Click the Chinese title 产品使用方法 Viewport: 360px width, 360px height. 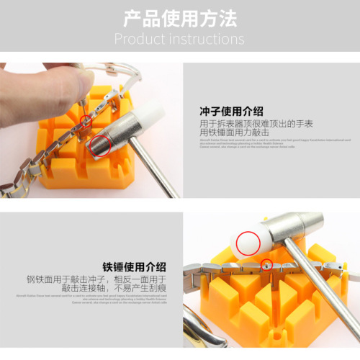(179, 17)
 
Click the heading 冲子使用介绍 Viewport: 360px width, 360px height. (231, 112)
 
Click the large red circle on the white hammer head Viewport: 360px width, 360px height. (248, 242)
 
